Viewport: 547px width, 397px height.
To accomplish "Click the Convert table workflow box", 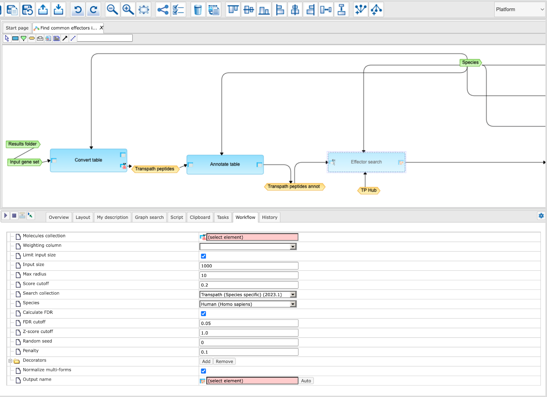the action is [x=89, y=160].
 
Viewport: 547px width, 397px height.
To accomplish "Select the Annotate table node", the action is [x=225, y=164].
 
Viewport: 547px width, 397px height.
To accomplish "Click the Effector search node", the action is [x=366, y=162].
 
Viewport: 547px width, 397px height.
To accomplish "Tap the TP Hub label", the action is [x=369, y=190].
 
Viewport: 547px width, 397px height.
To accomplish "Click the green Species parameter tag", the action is [x=470, y=62].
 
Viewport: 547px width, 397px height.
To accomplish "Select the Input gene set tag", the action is [x=25, y=162].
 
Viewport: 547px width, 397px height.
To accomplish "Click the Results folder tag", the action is [x=23, y=144].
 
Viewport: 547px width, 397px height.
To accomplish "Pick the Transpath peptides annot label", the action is [x=294, y=186].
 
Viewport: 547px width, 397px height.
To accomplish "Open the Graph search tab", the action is [x=149, y=217].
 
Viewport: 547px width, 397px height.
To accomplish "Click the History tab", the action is [x=270, y=217].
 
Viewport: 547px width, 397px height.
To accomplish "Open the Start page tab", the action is [x=17, y=28].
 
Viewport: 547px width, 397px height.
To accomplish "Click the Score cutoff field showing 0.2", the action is [x=249, y=285].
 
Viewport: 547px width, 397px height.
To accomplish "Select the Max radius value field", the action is [x=249, y=275].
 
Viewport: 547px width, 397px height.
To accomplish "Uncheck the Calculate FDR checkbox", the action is [x=203, y=314].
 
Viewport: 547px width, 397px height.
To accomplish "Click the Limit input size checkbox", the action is [x=203, y=256].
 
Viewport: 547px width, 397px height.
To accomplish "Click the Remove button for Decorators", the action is [x=224, y=361].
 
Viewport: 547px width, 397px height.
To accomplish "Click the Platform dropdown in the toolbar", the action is [x=520, y=10].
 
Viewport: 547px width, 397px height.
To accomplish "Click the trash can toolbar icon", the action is [x=198, y=10].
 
